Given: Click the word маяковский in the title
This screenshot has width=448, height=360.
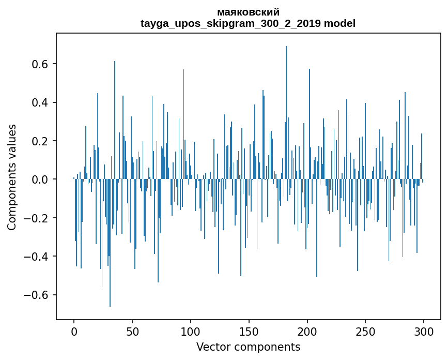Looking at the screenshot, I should [248, 12].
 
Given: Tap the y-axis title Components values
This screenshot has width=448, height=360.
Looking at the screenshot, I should [11, 177].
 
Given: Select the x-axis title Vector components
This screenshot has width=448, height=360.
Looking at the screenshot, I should [248, 347].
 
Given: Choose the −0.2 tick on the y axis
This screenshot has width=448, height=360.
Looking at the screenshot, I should [37, 218].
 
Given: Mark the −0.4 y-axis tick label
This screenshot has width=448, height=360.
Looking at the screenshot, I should [37, 257].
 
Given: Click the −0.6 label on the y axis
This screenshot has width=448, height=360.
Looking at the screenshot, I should [37, 295].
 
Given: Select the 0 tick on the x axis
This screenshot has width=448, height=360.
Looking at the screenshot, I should [74, 331].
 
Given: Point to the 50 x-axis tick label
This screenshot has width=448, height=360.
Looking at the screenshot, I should [132, 331].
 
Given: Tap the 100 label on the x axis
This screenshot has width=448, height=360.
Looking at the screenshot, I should [191, 331].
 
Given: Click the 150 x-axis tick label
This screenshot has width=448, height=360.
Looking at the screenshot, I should [249, 331].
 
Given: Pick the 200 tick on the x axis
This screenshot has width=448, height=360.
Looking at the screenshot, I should [307, 331].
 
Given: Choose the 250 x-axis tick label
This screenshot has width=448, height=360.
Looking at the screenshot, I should [365, 331].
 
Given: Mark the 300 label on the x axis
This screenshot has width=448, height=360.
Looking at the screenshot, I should [424, 331].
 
